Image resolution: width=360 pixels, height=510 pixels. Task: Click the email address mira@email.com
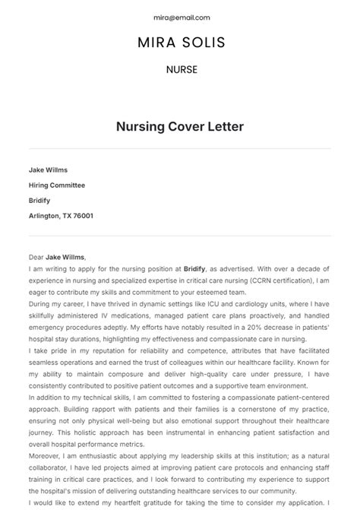[180, 17]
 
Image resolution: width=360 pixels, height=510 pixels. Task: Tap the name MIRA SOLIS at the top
[180, 43]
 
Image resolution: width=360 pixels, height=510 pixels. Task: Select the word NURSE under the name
[181, 69]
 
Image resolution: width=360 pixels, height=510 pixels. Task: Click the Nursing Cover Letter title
[180, 126]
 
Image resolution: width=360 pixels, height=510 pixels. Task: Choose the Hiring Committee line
[57, 185]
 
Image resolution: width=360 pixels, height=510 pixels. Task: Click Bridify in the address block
[40, 200]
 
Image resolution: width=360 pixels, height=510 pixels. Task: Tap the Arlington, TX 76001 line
[61, 216]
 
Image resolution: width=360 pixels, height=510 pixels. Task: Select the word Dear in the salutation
[36, 257]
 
